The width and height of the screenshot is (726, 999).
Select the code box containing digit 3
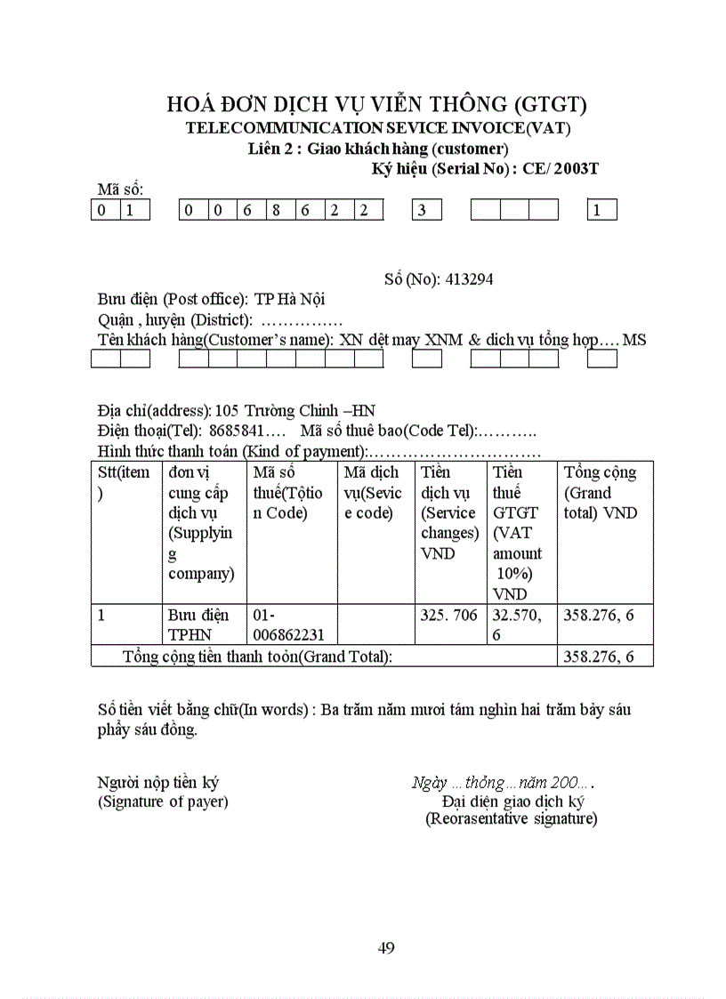pos(426,211)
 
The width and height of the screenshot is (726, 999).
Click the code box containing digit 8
pos(280,211)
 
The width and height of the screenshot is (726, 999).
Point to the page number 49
pos(386,947)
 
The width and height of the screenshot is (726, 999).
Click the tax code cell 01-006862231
pos(288,624)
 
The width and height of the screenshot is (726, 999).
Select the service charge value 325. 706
pos(449,615)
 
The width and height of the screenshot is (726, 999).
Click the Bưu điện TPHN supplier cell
pos(198,624)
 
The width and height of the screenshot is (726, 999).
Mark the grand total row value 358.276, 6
pos(599,657)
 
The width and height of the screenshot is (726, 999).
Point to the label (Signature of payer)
pos(163,802)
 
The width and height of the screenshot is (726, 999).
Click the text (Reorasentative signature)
pos(511,818)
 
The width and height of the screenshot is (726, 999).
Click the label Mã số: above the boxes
pos(120,189)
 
